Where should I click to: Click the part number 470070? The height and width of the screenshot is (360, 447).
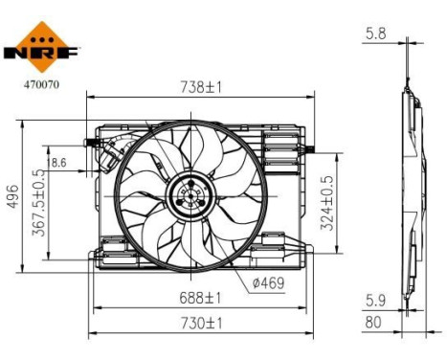39,83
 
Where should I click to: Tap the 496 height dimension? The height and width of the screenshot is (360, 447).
12,196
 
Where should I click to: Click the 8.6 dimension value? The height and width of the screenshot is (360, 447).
59,164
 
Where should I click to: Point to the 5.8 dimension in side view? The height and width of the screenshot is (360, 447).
376,34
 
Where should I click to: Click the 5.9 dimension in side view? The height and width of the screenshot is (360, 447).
376,299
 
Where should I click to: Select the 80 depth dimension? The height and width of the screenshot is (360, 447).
373,324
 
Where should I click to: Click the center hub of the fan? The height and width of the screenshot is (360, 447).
188,197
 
